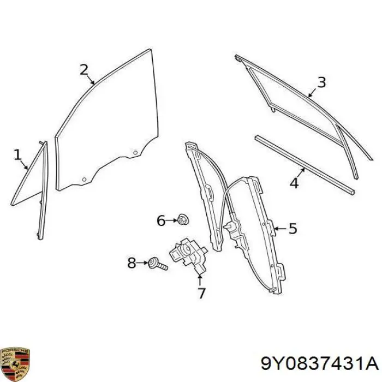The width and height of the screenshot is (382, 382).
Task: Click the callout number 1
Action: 17,155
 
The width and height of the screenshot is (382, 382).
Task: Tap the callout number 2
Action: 84,70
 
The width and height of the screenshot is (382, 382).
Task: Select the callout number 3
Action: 321,82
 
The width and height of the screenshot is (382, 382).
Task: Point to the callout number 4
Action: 294,183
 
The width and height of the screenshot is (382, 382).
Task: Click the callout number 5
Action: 293,229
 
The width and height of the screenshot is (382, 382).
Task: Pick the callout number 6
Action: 161,220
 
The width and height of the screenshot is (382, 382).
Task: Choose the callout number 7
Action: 201,294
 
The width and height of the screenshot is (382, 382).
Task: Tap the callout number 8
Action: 132,263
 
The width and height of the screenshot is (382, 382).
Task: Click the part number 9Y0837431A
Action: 319,364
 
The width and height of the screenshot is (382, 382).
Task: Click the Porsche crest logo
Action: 15,364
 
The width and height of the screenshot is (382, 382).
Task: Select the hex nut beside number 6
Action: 183,219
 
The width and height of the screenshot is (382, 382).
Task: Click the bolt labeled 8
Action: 158,264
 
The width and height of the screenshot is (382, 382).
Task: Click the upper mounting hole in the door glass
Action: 135,153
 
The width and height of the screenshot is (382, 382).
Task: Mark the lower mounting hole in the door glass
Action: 84,180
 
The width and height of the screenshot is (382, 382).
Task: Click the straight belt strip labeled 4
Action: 305,165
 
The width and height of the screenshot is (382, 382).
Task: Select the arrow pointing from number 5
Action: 280,229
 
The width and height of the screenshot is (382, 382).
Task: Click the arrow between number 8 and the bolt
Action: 142,263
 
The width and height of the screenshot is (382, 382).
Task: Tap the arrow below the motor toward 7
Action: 200,279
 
